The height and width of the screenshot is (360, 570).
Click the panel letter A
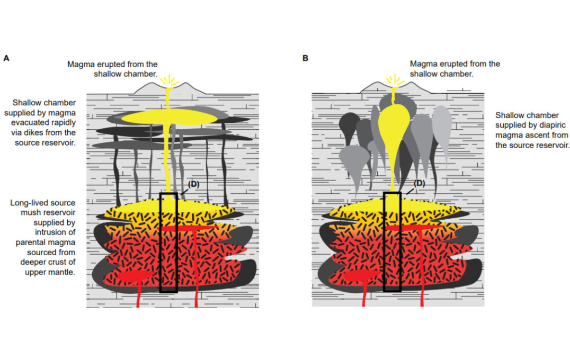pyautogui.click(x=6, y=58)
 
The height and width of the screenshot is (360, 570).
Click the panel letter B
pyautogui.click(x=305, y=58)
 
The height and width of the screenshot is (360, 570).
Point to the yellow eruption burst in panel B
pyautogui.click(x=394, y=80)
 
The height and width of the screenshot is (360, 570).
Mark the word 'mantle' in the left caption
pyautogui.click(x=63, y=273)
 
